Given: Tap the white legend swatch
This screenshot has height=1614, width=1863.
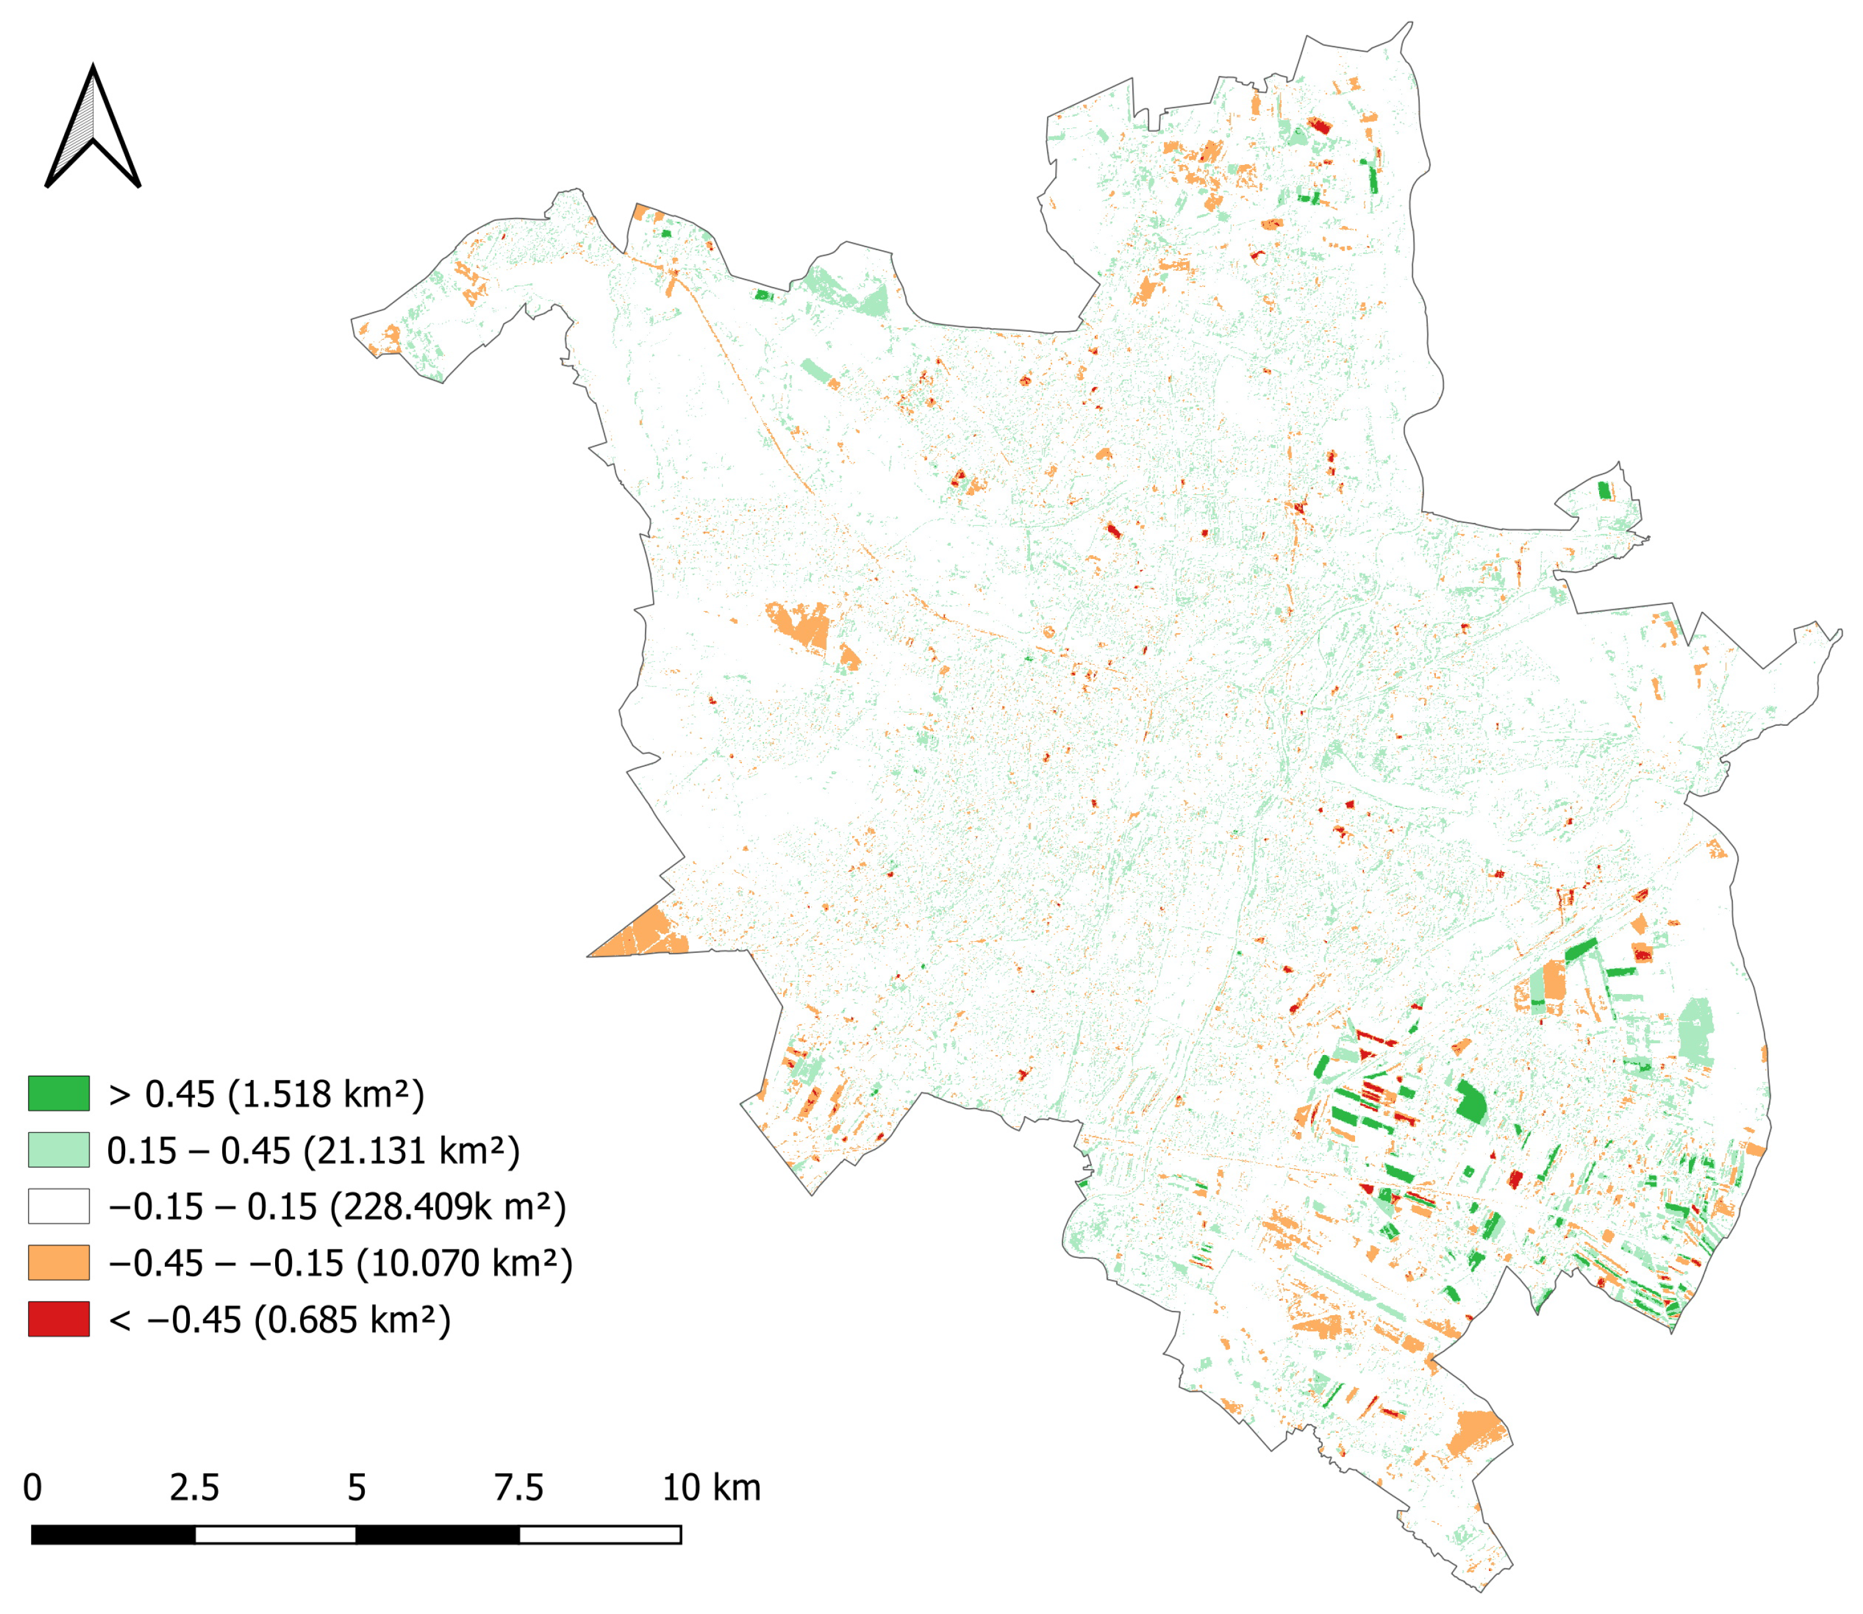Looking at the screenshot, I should click(x=59, y=1206).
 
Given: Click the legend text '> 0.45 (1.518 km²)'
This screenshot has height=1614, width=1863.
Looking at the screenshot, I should click(x=266, y=1094).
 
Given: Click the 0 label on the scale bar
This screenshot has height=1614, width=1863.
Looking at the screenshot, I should click(x=32, y=1488).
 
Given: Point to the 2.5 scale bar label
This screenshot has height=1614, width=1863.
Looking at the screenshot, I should click(x=194, y=1488).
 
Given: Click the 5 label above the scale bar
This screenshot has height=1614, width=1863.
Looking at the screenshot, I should click(x=357, y=1488).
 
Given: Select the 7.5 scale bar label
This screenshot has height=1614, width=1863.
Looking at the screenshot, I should click(x=519, y=1488).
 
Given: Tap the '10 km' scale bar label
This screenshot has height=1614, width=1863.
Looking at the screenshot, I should click(x=711, y=1488).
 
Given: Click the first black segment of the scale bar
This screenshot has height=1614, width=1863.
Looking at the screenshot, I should click(x=113, y=1535).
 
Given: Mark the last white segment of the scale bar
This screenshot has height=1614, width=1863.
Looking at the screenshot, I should click(x=599, y=1535).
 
